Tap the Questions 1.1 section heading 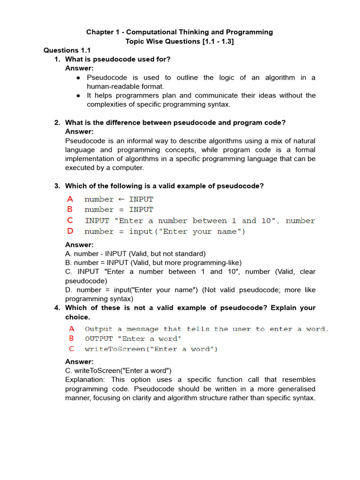pyautogui.click(x=67, y=50)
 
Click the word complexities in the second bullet pyautogui.click(x=109, y=105)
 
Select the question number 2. pyautogui.click(x=57, y=123)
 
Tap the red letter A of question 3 pyautogui.click(x=70, y=199)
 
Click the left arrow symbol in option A pyautogui.click(x=121, y=199)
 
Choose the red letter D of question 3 pyautogui.click(x=70, y=231)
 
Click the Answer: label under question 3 pyautogui.click(x=79, y=245)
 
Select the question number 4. pyautogui.click(x=57, y=308)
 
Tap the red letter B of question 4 pyautogui.click(x=71, y=338)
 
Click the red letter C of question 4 pyautogui.click(x=71, y=349)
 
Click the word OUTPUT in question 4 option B pyautogui.click(x=99, y=339)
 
